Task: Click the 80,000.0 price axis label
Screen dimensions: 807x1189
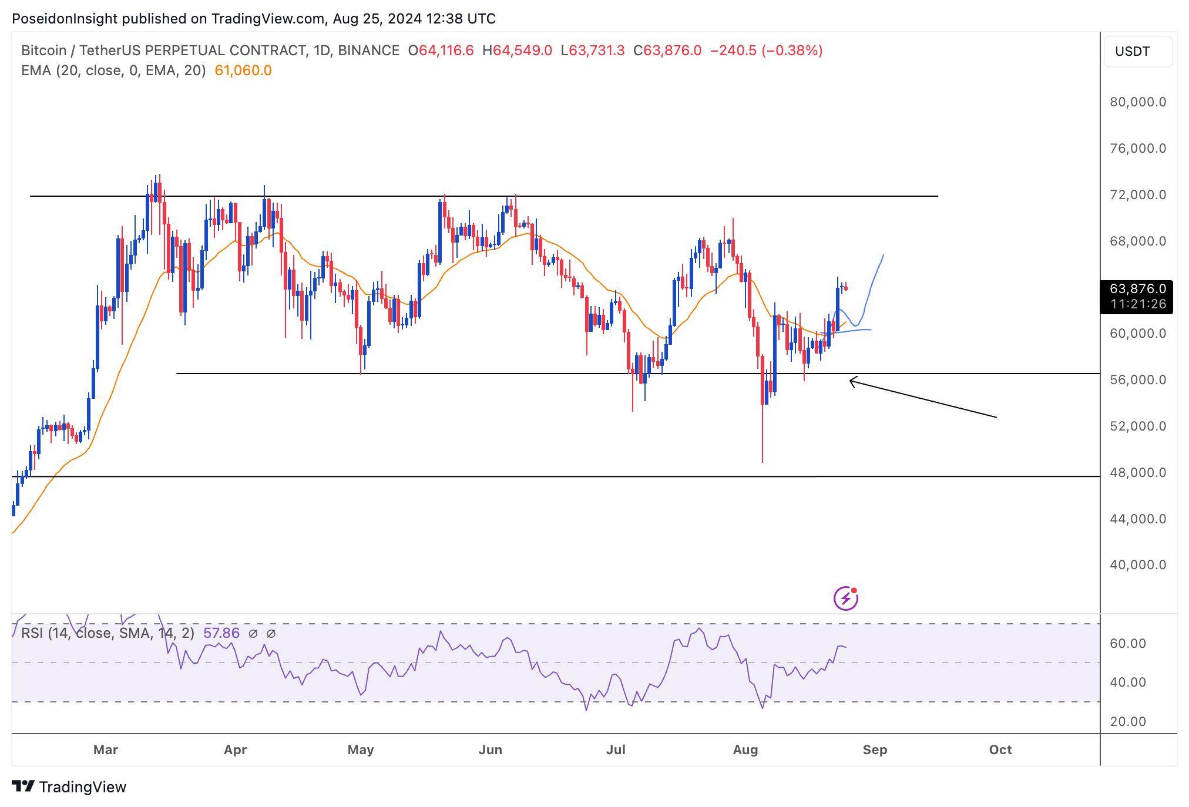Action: pyautogui.click(x=1137, y=102)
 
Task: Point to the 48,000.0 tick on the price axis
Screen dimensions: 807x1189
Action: pyautogui.click(x=1137, y=472)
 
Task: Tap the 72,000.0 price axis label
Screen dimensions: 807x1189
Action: pyautogui.click(x=1137, y=194)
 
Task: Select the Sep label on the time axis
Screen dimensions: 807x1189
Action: pyautogui.click(x=875, y=750)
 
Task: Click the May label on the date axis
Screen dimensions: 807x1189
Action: pyautogui.click(x=360, y=750)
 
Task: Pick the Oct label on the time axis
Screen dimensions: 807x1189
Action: pyautogui.click(x=1000, y=750)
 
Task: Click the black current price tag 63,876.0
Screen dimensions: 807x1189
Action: pyautogui.click(x=1137, y=289)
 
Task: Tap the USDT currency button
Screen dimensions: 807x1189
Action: pyautogui.click(x=1132, y=52)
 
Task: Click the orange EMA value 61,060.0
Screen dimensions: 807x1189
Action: pyautogui.click(x=243, y=70)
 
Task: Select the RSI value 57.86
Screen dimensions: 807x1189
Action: pyautogui.click(x=221, y=633)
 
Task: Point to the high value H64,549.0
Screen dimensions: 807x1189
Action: pyautogui.click(x=517, y=51)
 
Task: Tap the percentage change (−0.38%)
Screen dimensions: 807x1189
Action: pyautogui.click(x=792, y=51)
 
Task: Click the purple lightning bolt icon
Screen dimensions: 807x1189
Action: pyautogui.click(x=846, y=598)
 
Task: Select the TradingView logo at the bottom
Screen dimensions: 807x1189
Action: pyautogui.click(x=69, y=787)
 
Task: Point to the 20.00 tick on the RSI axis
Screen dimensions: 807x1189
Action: pyautogui.click(x=1127, y=721)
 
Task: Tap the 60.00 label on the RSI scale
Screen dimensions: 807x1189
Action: pyautogui.click(x=1127, y=644)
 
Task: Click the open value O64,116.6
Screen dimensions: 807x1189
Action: pyautogui.click(x=441, y=51)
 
